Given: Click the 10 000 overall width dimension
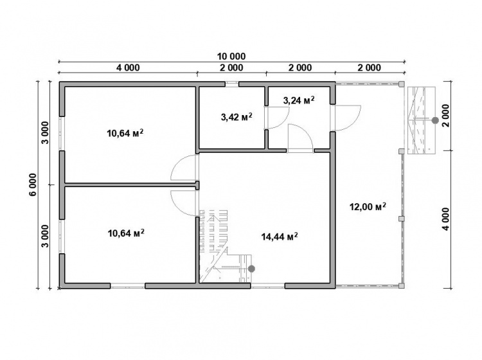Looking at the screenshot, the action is click(231, 57).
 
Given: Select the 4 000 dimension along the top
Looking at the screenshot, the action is click(128, 67).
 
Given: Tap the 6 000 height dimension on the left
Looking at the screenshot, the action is click(33, 184).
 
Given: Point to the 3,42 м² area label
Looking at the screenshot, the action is click(237, 116).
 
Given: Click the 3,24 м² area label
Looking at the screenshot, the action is click(298, 100).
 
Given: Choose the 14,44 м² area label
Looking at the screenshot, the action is click(280, 237).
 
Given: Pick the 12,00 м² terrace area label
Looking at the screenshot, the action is click(368, 206).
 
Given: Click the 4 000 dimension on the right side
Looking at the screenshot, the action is click(446, 219).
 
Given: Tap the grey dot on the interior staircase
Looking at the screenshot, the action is click(251, 269).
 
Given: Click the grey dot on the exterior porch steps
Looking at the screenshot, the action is click(435, 120).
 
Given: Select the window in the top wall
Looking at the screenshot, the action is click(231, 84).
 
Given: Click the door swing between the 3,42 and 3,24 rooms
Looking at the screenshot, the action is click(276, 118).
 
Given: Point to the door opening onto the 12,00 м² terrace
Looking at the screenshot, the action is click(347, 118).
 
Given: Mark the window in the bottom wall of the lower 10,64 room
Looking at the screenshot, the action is click(128, 286).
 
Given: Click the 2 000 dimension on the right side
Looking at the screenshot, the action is click(446, 115).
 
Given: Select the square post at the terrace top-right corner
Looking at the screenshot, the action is click(401, 84).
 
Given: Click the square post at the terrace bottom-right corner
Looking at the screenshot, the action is click(401, 285).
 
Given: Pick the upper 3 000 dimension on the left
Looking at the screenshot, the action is click(45, 132).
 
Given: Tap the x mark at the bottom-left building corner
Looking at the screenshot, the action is click(59, 289).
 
